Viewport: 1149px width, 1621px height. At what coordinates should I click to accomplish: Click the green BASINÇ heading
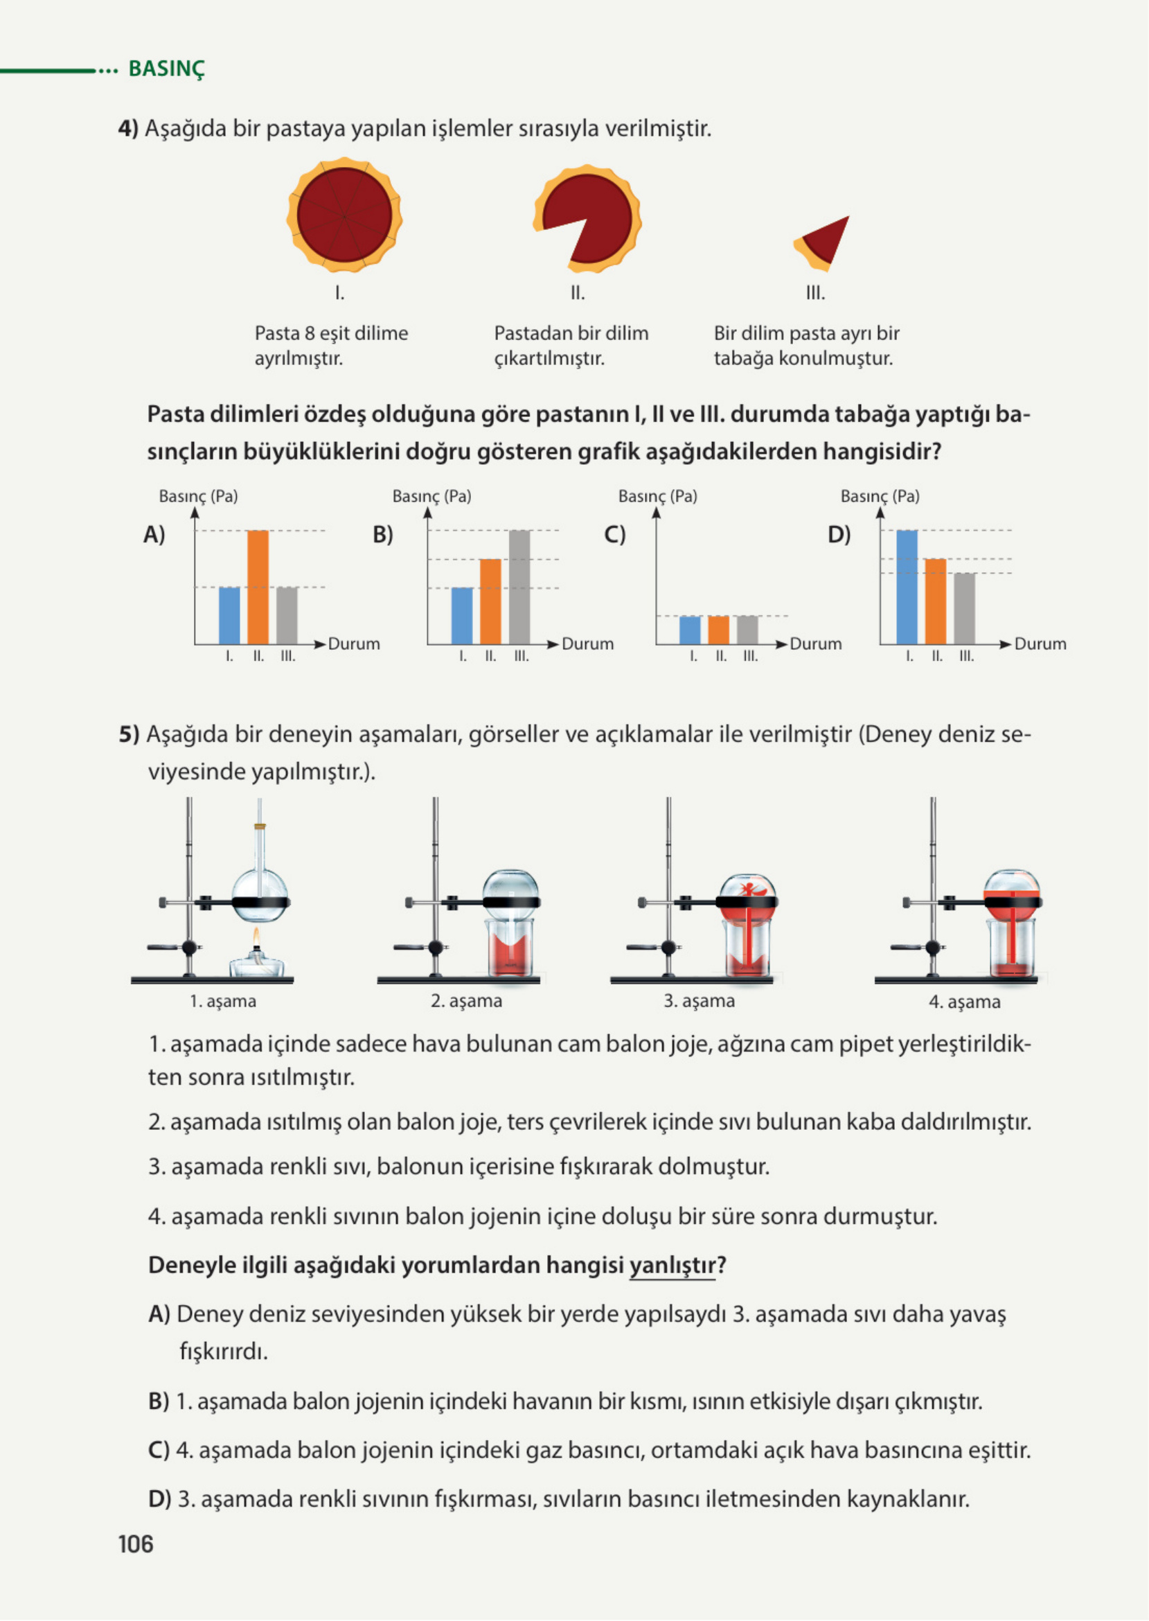(x=166, y=69)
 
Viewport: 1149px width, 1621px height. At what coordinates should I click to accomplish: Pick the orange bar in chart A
(x=258, y=587)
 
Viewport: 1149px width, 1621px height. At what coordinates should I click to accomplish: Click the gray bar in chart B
(x=519, y=587)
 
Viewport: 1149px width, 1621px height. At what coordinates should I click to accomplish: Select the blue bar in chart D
(x=907, y=587)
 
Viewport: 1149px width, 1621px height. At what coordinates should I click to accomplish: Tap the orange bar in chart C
(x=719, y=630)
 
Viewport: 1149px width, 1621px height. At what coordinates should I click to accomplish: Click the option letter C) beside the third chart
(x=615, y=534)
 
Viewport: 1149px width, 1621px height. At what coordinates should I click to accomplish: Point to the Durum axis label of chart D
(x=1040, y=644)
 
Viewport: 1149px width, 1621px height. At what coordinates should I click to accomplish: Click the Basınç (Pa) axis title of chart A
(x=198, y=496)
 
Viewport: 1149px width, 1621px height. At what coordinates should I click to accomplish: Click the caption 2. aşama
(x=466, y=1001)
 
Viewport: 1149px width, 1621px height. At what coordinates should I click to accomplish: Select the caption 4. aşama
(x=964, y=1002)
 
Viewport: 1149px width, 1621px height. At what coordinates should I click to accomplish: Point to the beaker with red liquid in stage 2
(x=511, y=948)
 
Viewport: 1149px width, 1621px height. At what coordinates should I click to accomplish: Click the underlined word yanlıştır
(x=672, y=1265)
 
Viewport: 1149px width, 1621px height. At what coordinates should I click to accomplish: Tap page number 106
(x=135, y=1544)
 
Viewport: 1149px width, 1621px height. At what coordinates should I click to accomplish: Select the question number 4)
(x=128, y=129)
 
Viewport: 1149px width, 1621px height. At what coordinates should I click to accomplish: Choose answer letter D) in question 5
(x=159, y=1498)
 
